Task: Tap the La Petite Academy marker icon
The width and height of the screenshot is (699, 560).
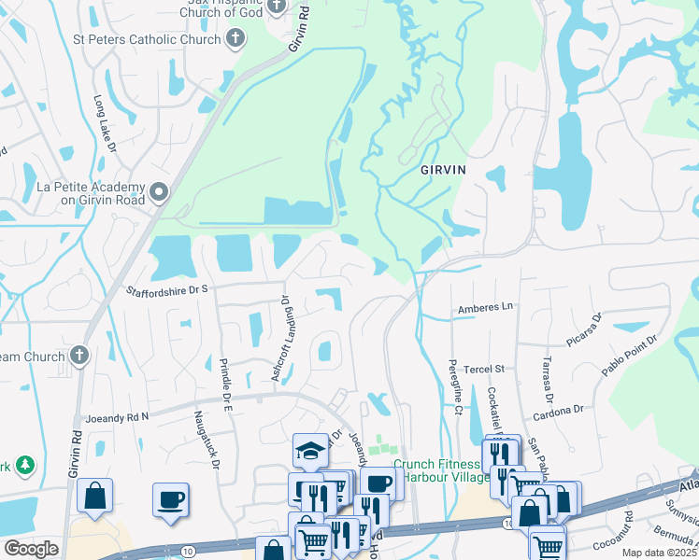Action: coord(159,193)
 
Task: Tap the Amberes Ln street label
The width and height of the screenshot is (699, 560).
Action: coord(486,307)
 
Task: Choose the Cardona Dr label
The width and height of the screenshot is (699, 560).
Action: coord(558,410)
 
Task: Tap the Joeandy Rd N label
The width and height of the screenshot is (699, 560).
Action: coord(117,417)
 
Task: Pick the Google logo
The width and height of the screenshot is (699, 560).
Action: coord(31,549)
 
